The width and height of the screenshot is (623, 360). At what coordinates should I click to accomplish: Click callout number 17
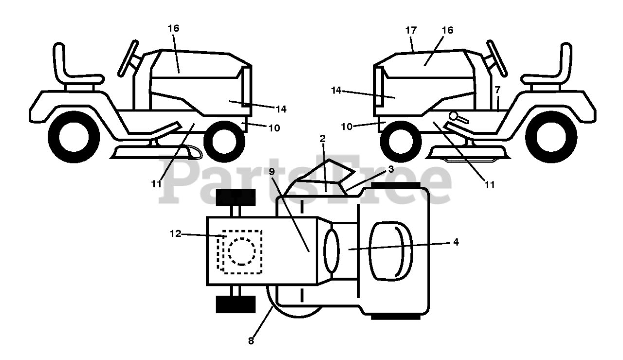pyautogui.click(x=411, y=30)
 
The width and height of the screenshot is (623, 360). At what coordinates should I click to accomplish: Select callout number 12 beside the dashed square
pyautogui.click(x=175, y=234)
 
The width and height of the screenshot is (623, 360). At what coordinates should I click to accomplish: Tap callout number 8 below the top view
pyautogui.click(x=251, y=341)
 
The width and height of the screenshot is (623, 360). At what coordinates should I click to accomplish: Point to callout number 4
pyautogui.click(x=456, y=242)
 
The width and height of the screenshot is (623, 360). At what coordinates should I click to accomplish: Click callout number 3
pyautogui.click(x=391, y=169)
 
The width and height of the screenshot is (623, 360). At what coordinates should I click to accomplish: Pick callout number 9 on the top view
pyautogui.click(x=272, y=172)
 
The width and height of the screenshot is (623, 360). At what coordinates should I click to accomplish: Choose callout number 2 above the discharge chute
pyautogui.click(x=323, y=139)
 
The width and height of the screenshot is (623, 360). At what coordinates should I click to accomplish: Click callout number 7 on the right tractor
pyautogui.click(x=497, y=90)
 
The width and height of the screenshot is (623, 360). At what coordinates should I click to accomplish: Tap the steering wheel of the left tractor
pyautogui.click(x=128, y=58)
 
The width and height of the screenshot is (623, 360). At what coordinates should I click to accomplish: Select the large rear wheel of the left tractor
pyautogui.click(x=73, y=137)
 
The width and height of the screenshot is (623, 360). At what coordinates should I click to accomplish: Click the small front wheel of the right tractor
pyautogui.click(x=401, y=142)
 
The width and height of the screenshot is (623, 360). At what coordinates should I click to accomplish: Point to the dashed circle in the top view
pyautogui.click(x=241, y=252)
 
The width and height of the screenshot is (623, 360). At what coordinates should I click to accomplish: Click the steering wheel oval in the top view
pyautogui.click(x=331, y=251)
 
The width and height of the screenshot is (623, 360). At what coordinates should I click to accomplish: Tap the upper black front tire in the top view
pyautogui.click(x=236, y=198)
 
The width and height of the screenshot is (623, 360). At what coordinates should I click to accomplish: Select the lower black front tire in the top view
pyautogui.click(x=236, y=304)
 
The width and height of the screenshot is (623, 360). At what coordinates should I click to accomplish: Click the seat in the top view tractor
pyautogui.click(x=390, y=251)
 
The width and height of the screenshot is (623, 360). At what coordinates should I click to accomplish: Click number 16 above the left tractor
pyautogui.click(x=174, y=28)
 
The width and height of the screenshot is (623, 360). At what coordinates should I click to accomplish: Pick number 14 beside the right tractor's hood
pyautogui.click(x=336, y=90)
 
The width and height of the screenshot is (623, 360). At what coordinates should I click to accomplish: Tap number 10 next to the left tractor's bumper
pyautogui.click(x=274, y=128)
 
